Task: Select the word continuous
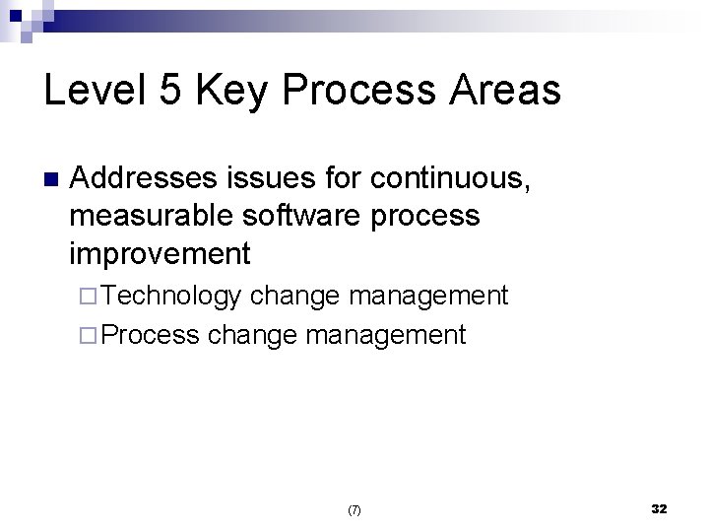(447, 179)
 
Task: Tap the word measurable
(149, 216)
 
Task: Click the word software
(296, 216)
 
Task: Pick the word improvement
(161, 253)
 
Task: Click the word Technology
(171, 296)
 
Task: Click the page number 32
(659, 508)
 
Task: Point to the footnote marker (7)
(354, 510)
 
